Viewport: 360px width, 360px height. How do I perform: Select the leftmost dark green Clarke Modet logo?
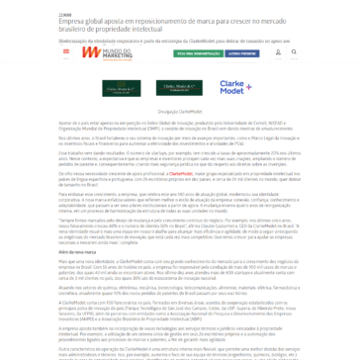[x=121, y=89]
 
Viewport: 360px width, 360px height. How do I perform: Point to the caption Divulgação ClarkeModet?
[x=180, y=112]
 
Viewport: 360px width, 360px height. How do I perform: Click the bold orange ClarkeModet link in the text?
[x=181, y=172]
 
